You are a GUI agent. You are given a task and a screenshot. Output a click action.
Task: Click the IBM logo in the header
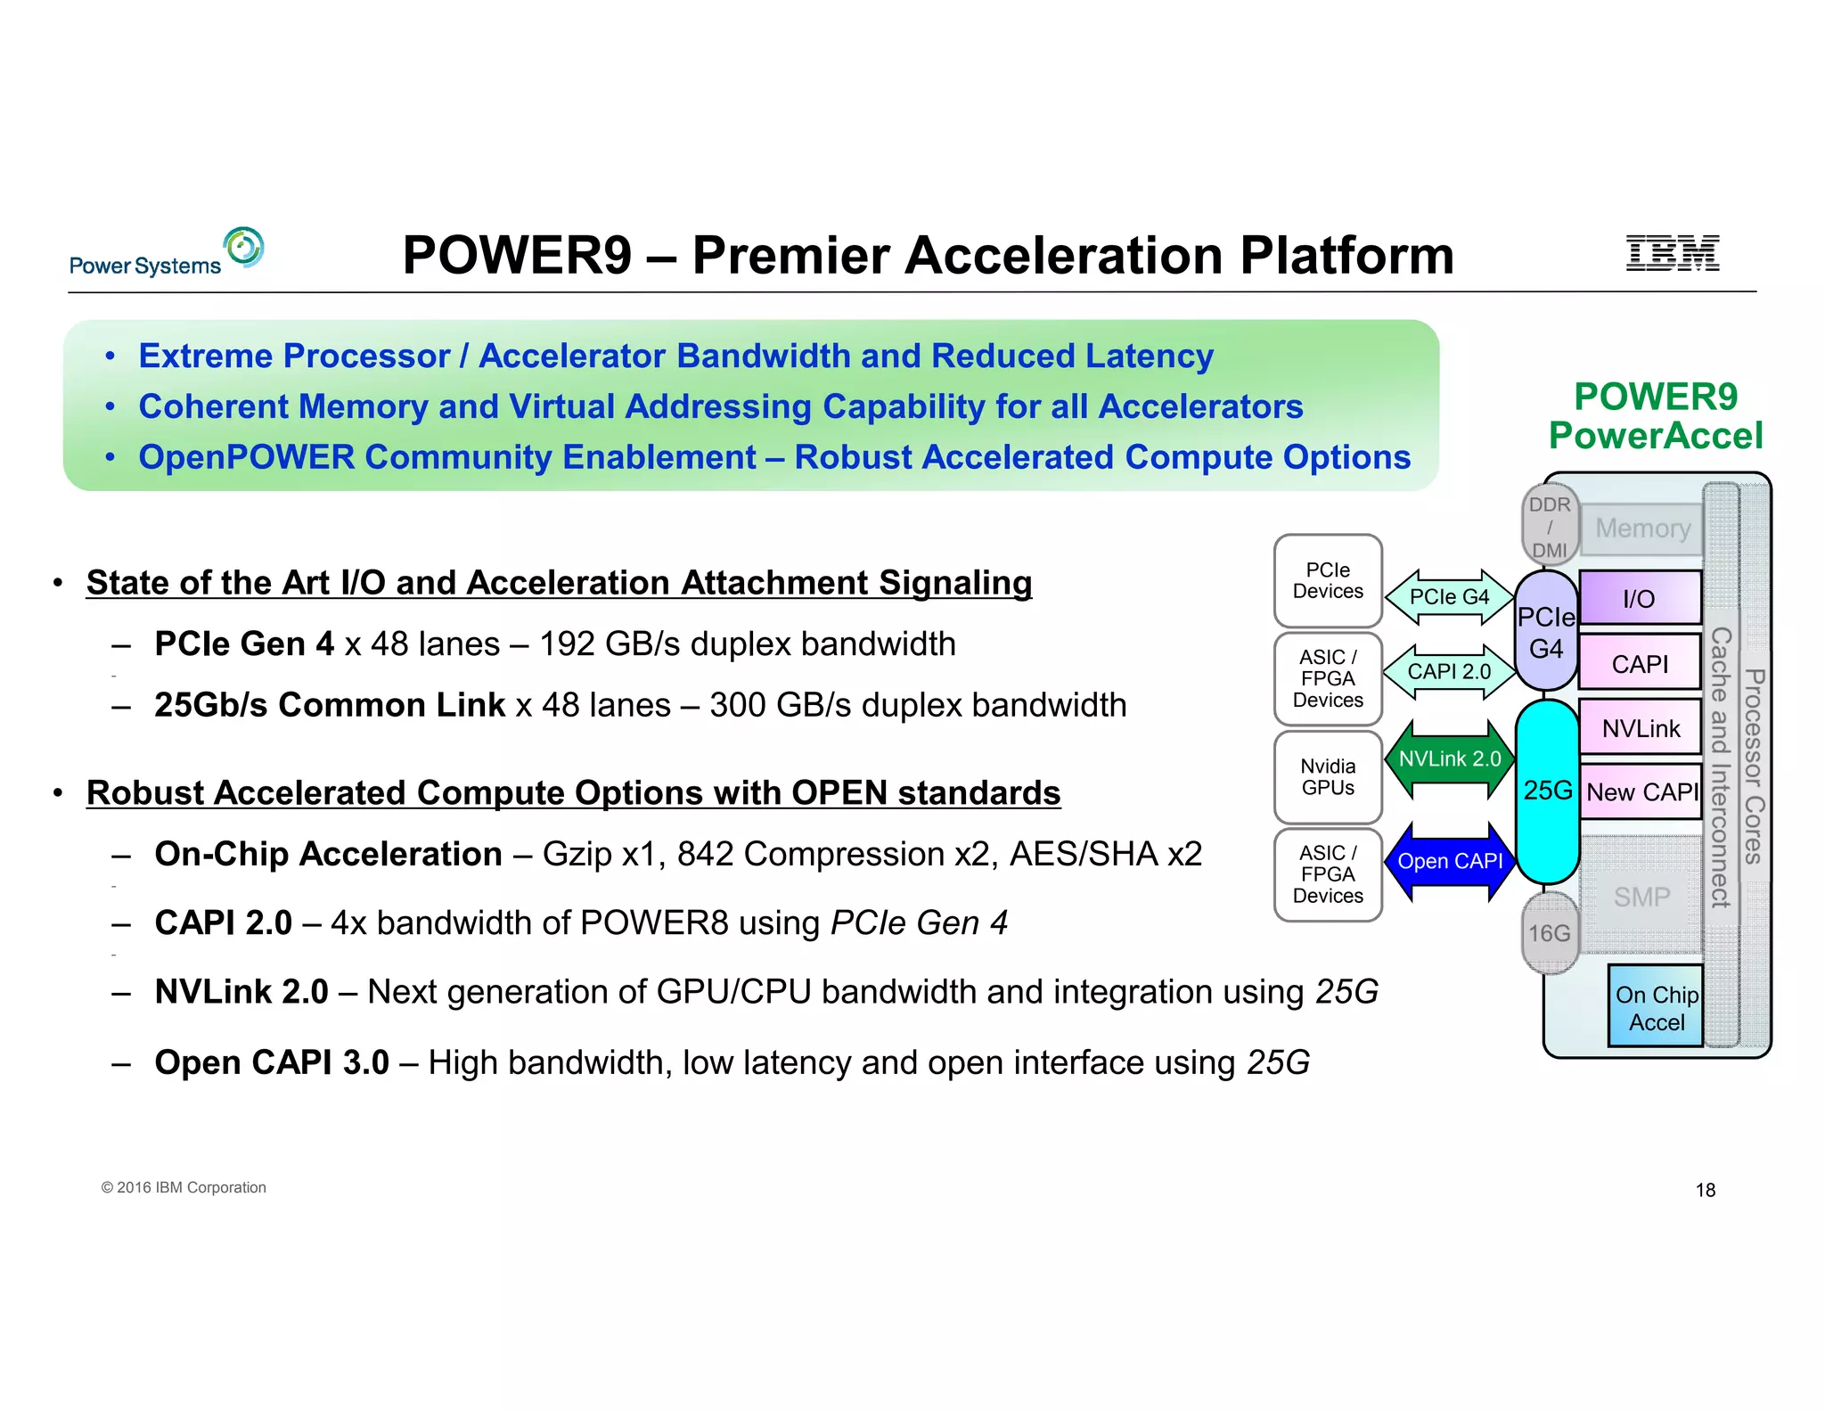click(x=1672, y=253)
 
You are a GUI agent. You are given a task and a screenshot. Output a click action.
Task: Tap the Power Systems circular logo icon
click(x=244, y=247)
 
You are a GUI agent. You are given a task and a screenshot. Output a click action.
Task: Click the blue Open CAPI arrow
click(x=1450, y=862)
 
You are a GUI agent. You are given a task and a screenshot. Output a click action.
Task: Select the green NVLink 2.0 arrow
click(x=1450, y=759)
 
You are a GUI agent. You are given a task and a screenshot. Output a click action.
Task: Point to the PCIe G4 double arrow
click(x=1450, y=597)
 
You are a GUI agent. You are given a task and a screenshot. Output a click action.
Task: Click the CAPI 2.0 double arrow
click(x=1450, y=672)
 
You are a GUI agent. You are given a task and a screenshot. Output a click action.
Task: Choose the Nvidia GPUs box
click(x=1328, y=777)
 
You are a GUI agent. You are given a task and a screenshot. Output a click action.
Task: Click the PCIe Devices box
click(x=1328, y=581)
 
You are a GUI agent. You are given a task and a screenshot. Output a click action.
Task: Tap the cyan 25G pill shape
click(x=1548, y=791)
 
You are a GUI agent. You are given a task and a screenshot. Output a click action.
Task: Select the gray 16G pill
click(x=1550, y=933)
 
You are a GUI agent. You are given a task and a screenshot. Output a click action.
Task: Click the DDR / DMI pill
click(x=1550, y=527)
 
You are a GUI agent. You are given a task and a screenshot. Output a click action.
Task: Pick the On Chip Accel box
click(x=1656, y=1007)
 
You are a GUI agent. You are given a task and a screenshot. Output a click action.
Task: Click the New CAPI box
click(x=1641, y=792)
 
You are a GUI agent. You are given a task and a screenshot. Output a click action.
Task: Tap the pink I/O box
click(x=1640, y=598)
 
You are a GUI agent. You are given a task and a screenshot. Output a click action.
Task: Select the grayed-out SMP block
click(x=1641, y=897)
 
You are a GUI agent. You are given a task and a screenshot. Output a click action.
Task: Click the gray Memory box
click(x=1642, y=529)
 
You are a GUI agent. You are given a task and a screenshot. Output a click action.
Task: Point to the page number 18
click(x=1705, y=1191)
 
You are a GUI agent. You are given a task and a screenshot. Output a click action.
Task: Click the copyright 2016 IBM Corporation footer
click(x=184, y=1188)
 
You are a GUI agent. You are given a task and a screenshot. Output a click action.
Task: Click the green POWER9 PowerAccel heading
click(x=1656, y=416)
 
